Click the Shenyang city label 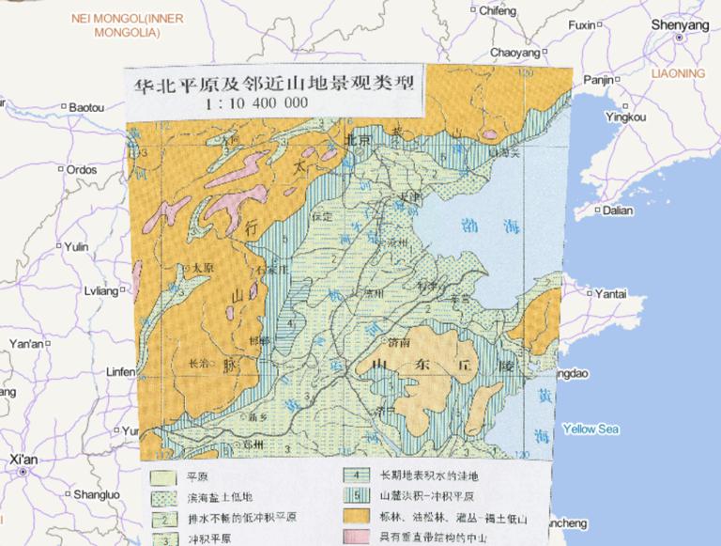point(680,25)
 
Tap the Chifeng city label point(498,11)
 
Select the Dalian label point(618,211)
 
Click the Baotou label point(86,108)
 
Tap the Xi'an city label point(23,460)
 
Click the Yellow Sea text point(591,429)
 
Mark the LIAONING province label point(678,72)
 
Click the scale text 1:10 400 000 point(256,102)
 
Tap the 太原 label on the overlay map point(202,269)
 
